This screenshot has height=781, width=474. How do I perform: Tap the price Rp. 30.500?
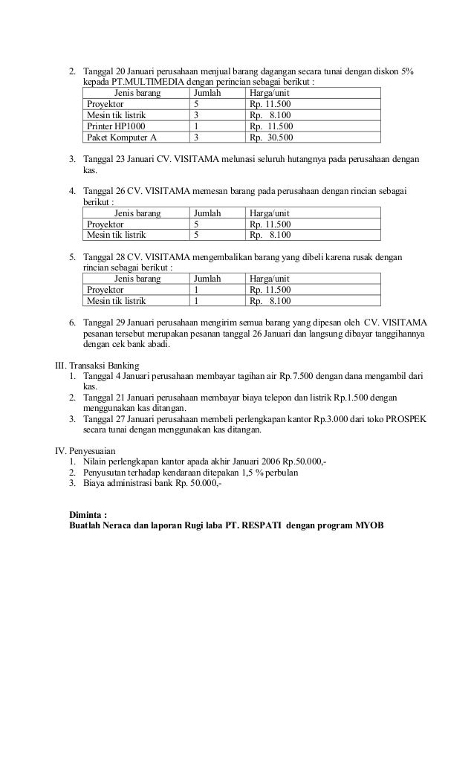click(271, 137)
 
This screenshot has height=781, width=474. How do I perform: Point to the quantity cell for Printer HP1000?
click(195, 127)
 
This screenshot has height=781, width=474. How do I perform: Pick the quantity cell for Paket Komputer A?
click(195, 137)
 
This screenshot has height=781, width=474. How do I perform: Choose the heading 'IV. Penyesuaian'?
click(84, 450)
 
